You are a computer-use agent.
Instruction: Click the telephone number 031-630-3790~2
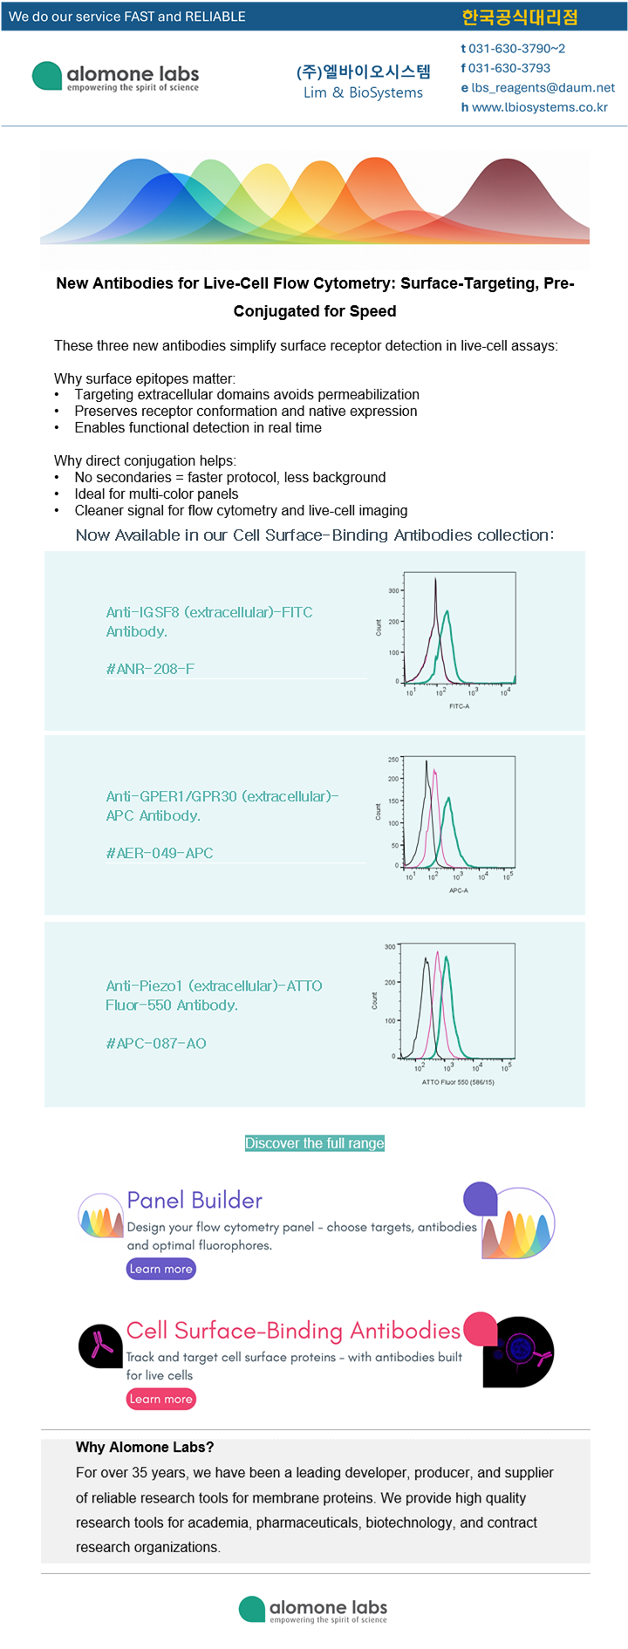coord(516,49)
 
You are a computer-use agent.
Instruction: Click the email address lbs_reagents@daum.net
coord(543,87)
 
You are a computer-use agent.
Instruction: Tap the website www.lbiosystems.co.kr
coord(539,107)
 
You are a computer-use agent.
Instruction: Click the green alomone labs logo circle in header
coord(47,76)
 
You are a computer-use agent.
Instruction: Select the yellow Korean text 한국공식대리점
coord(520,17)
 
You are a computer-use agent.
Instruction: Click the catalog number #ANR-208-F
coord(150,669)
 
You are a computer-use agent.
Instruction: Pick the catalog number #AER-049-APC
coord(160,853)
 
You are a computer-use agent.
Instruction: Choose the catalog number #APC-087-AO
coord(156,1043)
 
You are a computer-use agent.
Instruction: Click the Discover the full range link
coord(315,1143)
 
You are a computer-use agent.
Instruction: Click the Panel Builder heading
coord(195,1200)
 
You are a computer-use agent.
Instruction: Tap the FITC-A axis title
coord(459,706)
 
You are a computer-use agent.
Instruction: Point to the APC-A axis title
coord(459,890)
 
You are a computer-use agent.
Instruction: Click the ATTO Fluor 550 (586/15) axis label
coord(458,1082)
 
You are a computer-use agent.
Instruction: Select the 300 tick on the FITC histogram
coord(393,590)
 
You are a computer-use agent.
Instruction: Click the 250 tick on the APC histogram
coord(393,760)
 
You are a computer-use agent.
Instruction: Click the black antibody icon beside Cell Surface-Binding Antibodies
coord(101,1346)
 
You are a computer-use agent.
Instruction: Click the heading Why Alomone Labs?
coord(145,1447)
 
